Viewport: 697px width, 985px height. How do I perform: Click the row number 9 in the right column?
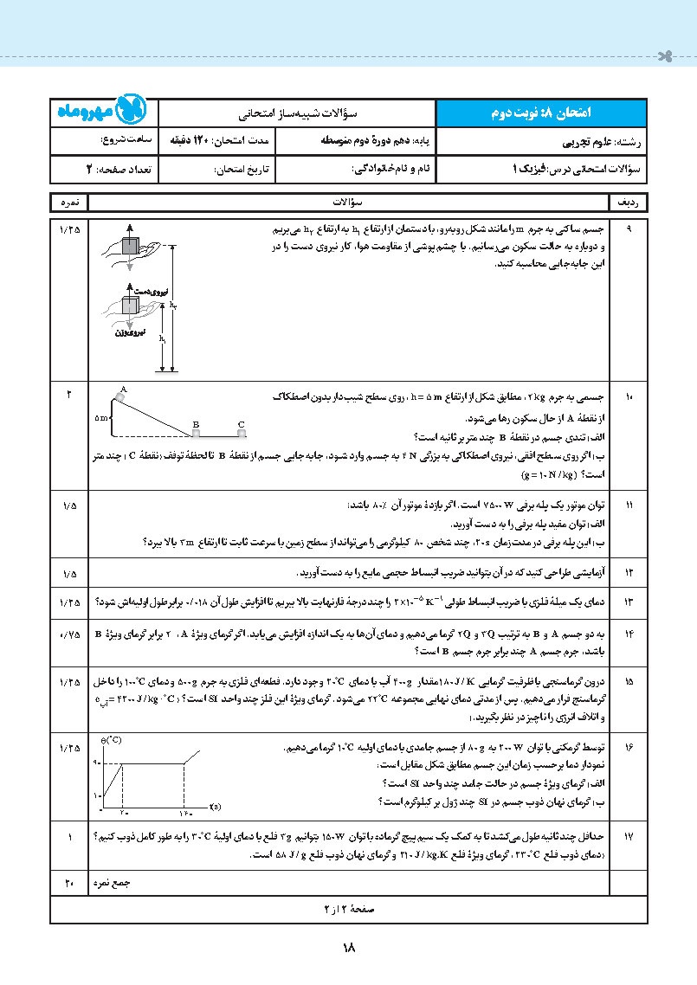tap(629, 229)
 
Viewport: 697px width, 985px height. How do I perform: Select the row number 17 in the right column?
tap(629, 838)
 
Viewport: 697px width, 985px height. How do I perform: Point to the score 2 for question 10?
tap(68, 396)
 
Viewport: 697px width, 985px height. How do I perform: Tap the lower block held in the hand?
tap(131, 306)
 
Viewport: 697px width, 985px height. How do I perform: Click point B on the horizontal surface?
tap(197, 424)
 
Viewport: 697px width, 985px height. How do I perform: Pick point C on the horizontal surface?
tap(242, 424)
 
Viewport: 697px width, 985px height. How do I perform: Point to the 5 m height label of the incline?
tap(102, 417)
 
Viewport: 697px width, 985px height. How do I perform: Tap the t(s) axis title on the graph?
tap(214, 809)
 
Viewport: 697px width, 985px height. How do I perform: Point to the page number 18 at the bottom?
tap(349, 949)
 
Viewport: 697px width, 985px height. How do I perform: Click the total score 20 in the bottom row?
tap(68, 883)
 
